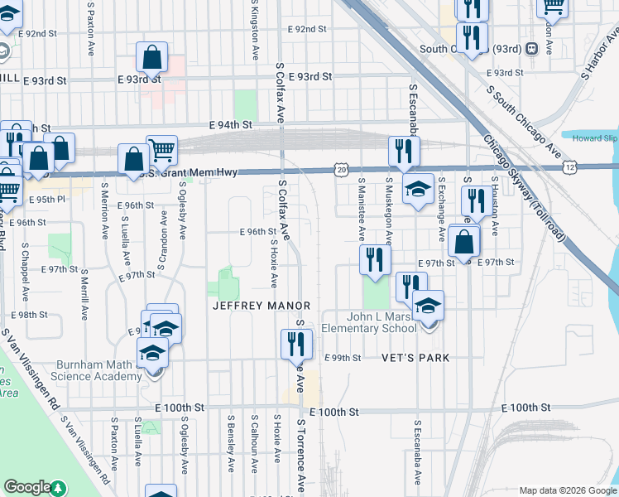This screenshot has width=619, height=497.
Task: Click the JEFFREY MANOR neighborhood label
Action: coord(261,306)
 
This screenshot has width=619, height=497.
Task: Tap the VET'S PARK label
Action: coord(415,358)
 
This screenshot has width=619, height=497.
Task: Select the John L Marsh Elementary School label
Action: coord(369,321)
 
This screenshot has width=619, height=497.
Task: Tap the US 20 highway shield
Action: coord(342,168)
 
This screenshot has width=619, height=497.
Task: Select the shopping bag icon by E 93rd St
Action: coord(152,59)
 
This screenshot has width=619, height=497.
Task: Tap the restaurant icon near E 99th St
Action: coord(296,344)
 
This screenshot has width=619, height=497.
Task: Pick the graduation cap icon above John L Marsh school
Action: coord(428,306)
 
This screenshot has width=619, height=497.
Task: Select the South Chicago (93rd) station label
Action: coord(469,49)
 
